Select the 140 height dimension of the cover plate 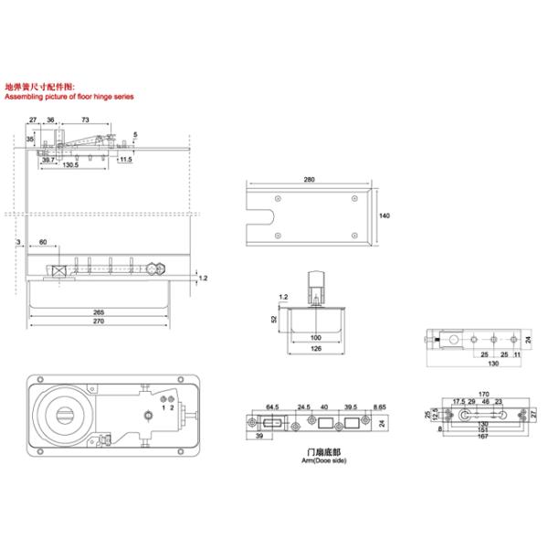click(384, 216)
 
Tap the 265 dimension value click(98, 312)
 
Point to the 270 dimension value click(98, 321)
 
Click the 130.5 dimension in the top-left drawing click(70, 165)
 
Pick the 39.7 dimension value click(47, 159)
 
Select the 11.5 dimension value click(125, 159)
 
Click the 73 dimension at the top click(84, 120)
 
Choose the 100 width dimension click(314, 338)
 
